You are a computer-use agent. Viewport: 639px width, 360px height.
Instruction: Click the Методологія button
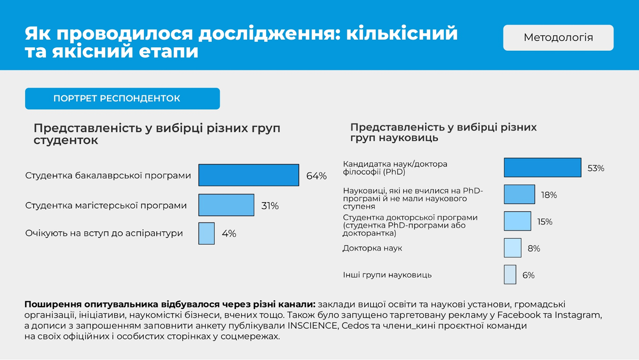(x=558, y=38)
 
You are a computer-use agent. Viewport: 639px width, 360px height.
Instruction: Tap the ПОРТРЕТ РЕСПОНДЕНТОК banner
(x=122, y=98)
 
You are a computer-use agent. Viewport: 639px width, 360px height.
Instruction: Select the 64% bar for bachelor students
(x=248, y=175)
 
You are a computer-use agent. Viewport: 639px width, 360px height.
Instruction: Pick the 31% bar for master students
(x=226, y=205)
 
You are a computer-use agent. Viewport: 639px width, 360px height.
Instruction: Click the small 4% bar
(x=206, y=233)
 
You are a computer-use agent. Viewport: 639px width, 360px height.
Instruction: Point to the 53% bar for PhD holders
(x=542, y=168)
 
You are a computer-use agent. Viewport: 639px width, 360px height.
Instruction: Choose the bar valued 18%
(x=519, y=195)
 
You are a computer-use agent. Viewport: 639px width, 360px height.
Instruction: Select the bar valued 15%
(x=517, y=221)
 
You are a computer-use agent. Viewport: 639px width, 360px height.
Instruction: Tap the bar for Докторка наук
(x=512, y=248)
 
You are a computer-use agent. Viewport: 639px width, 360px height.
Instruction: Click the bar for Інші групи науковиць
(x=510, y=275)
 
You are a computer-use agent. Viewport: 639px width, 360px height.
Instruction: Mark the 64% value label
(x=316, y=176)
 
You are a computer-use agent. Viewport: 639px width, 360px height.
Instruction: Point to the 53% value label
(x=596, y=168)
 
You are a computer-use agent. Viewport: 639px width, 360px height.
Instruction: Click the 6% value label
(x=528, y=275)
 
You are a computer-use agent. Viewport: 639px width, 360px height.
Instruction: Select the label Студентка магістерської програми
(x=106, y=206)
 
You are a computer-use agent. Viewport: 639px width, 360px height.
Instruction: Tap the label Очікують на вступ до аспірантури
(x=104, y=233)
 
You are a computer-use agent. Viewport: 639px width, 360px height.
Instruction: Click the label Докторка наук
(x=372, y=248)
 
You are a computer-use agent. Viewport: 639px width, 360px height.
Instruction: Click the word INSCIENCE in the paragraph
(x=312, y=326)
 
